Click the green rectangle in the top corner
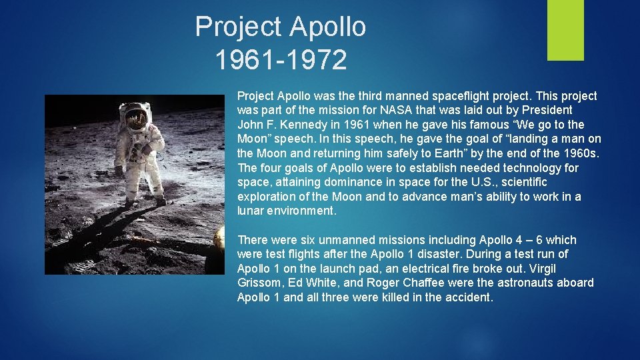565,30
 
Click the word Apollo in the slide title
327,27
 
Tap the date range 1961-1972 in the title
281,60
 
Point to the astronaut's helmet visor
136,119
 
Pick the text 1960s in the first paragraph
581,153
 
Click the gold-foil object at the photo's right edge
219,239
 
